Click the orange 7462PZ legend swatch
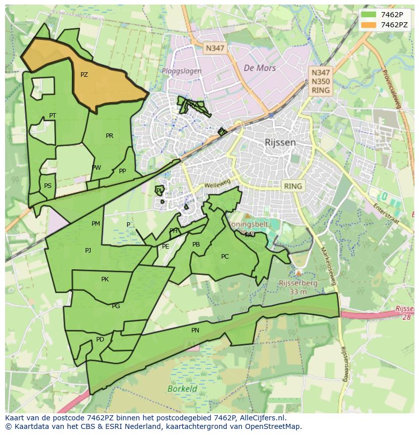[x=369, y=25]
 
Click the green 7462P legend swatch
[x=369, y=15]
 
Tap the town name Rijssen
[x=280, y=142]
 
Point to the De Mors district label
[x=260, y=68]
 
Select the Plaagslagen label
[x=182, y=71]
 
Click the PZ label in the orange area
[x=84, y=75]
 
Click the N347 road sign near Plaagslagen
[x=215, y=49]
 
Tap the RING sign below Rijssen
[x=292, y=186]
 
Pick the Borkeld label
[x=182, y=389]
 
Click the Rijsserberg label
[x=298, y=283]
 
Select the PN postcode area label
[x=195, y=330]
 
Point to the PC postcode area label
[x=225, y=257]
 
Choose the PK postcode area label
[x=105, y=279]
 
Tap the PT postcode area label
[x=53, y=116]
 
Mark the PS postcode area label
[x=48, y=186]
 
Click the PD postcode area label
[x=100, y=340]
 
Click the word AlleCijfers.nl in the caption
[x=262, y=418]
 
